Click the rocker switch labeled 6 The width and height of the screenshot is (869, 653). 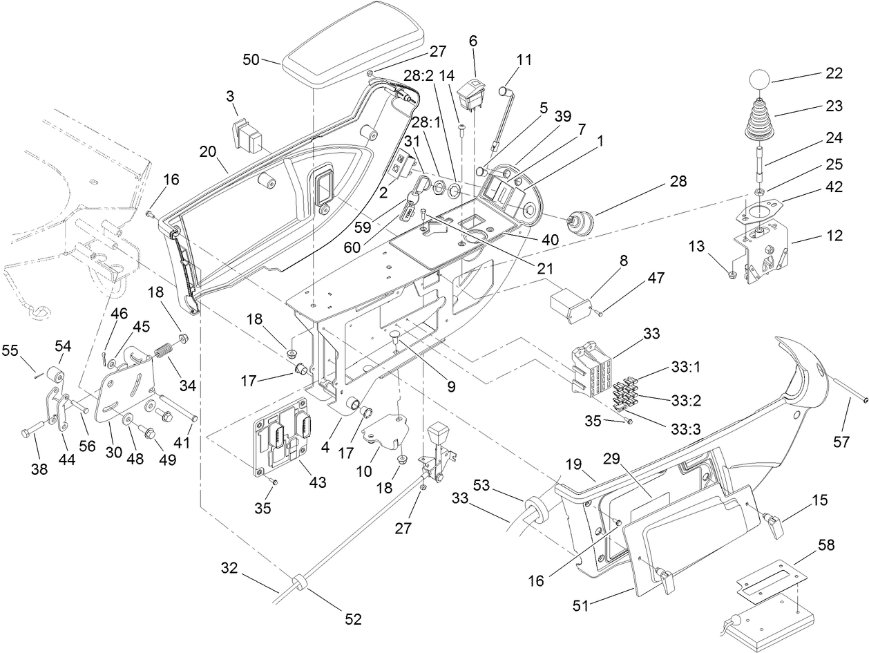pos(476,93)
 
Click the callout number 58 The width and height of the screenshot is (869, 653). pos(825,545)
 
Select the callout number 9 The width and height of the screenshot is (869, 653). pos(450,387)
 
